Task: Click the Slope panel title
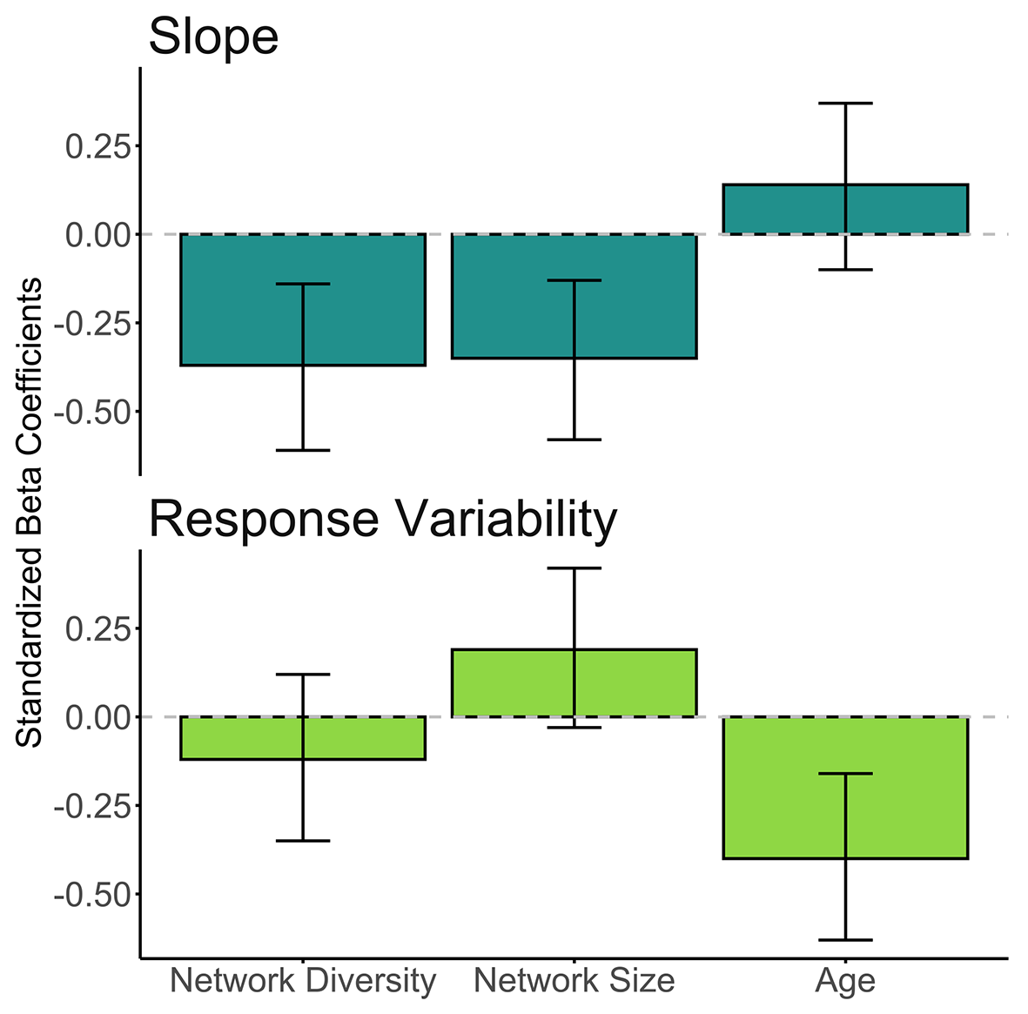[x=213, y=37]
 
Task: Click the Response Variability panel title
[x=383, y=520]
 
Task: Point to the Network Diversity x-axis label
[x=303, y=981]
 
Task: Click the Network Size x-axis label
[x=574, y=981]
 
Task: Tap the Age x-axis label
[x=844, y=982]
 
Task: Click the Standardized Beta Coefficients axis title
[x=30, y=513]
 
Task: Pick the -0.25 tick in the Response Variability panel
[x=91, y=807]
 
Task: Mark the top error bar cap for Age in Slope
[x=844, y=104]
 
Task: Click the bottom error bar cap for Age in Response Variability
[x=844, y=940]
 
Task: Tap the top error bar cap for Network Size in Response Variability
[x=574, y=568]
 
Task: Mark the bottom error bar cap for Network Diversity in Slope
[x=303, y=450]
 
